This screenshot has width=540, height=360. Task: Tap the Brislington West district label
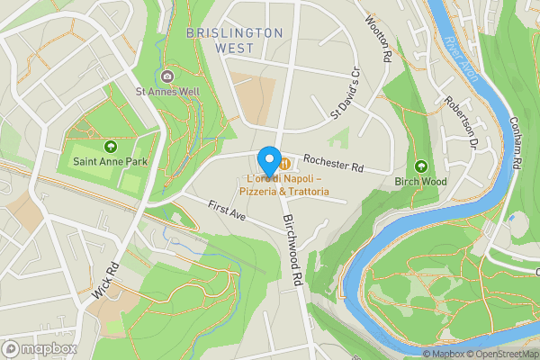point(234,32)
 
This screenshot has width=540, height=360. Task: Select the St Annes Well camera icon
point(168,75)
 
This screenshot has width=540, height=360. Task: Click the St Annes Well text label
point(168,91)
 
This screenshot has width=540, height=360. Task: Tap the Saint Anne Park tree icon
point(111,146)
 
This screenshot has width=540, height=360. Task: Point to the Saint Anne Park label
point(111,162)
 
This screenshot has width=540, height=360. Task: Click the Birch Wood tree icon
point(421,166)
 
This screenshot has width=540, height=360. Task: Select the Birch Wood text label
point(421,181)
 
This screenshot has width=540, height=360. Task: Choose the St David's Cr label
point(345,94)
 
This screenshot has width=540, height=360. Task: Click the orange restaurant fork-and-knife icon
point(284,164)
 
